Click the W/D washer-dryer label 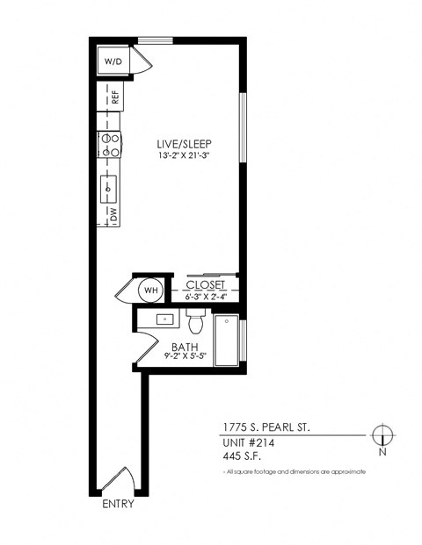(x=113, y=61)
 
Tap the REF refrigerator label (x=115, y=97)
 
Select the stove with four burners (x=109, y=145)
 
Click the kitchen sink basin (x=108, y=189)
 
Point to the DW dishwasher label (x=114, y=214)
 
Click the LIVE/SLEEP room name (x=185, y=144)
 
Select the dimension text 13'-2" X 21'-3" (x=185, y=155)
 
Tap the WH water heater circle (x=151, y=290)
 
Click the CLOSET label (x=206, y=284)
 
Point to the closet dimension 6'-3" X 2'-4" (x=206, y=297)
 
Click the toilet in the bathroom (x=196, y=321)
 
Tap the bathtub (x=226, y=341)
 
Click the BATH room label (x=185, y=347)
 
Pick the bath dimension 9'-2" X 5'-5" (x=186, y=356)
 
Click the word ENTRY (x=118, y=504)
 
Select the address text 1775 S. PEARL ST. (x=266, y=427)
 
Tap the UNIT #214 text (x=249, y=443)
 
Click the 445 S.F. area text (x=242, y=455)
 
